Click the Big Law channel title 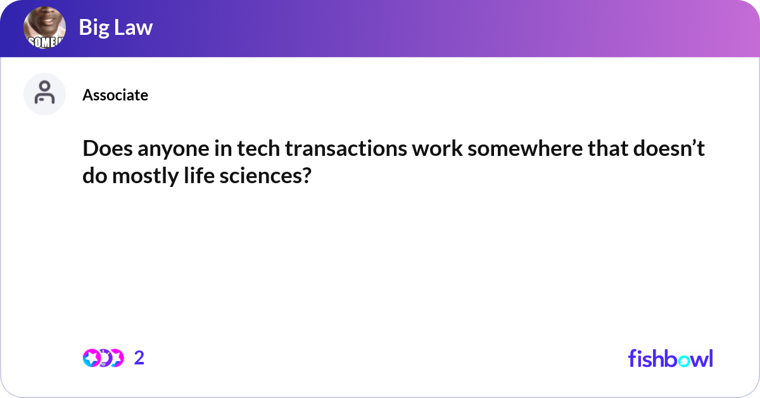tap(116, 27)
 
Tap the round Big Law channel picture tap(44, 27)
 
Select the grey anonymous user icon tap(44, 94)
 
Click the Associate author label tap(115, 94)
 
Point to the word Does tap(108, 148)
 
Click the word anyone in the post tap(174, 150)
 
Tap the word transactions tap(346, 149)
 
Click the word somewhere tap(525, 149)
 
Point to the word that tap(608, 148)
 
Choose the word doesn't tap(669, 148)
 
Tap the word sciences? tap(265, 176)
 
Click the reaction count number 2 tap(139, 358)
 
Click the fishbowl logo tap(671, 358)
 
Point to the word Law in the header tap(134, 27)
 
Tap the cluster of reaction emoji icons tap(103, 358)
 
